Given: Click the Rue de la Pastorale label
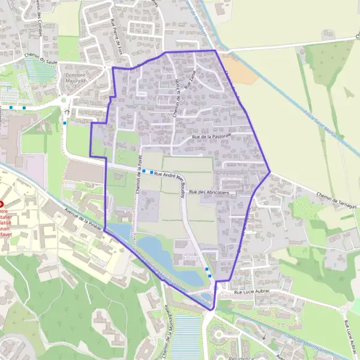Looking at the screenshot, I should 212,137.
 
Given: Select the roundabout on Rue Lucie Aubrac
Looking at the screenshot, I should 344,310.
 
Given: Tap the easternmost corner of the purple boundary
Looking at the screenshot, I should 270,172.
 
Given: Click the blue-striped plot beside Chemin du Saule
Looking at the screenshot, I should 40,70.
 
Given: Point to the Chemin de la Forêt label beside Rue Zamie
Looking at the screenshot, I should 179,99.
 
